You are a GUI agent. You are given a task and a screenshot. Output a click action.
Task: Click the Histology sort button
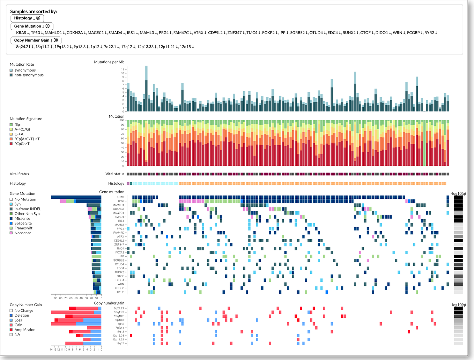(24, 18)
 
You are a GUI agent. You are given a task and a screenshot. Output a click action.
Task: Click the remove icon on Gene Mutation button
(47, 26)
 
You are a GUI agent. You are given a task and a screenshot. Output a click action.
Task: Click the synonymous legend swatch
(11, 70)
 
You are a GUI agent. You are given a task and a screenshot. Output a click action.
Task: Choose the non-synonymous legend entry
(29, 75)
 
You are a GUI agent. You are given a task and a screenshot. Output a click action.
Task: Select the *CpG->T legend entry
(22, 144)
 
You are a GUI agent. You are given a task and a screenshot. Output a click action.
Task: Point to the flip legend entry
(17, 125)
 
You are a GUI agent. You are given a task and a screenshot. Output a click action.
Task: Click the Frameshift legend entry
(23, 228)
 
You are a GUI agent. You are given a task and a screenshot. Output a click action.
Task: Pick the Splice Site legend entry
(23, 223)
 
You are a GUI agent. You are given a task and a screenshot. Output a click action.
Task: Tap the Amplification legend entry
(25, 330)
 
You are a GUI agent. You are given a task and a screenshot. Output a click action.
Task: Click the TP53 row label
(120, 201)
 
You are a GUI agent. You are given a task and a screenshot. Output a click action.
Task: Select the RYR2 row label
(120, 292)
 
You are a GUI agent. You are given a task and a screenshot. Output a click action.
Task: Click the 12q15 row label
(120, 343)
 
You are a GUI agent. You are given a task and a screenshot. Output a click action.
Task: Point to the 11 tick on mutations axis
(123, 69)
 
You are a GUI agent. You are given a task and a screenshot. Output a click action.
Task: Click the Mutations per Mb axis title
(109, 62)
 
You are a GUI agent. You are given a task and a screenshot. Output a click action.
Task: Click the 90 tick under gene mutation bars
(55, 298)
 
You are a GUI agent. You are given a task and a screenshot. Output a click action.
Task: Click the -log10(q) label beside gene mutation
(458, 193)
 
